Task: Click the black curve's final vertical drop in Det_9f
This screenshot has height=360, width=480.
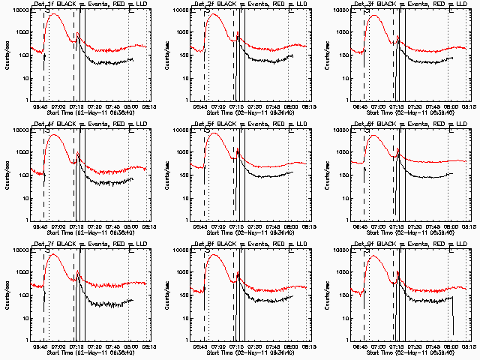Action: click(x=452, y=315)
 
